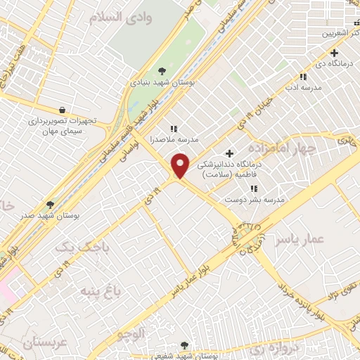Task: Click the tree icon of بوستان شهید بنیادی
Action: tap(162, 70)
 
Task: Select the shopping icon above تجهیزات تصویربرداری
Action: tap(63, 110)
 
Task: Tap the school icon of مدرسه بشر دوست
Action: tap(254, 188)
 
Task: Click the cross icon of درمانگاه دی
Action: tap(334, 53)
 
